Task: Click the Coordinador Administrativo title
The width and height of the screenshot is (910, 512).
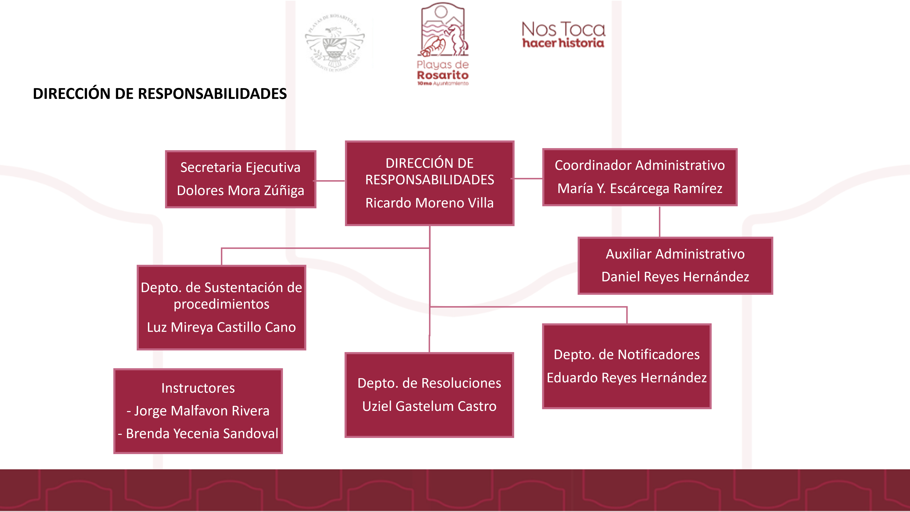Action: click(x=639, y=165)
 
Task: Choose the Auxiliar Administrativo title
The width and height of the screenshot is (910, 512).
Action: click(x=675, y=254)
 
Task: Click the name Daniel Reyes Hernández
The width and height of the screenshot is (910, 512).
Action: click(x=675, y=277)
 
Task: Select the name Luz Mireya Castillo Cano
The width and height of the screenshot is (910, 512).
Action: click(x=222, y=327)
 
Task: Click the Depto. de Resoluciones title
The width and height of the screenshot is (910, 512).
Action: click(x=429, y=383)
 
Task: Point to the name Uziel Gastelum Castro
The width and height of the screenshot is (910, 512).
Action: click(x=429, y=406)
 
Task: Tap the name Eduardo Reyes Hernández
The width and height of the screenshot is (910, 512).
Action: click(x=627, y=378)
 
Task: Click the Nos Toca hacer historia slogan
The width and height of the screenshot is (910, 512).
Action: click(x=563, y=35)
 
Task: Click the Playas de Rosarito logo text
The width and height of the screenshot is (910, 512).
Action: click(x=443, y=71)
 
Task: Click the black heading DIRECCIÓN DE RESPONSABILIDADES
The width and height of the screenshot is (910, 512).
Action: click(x=160, y=94)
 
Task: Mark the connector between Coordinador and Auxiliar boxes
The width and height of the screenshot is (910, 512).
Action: click(x=659, y=222)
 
